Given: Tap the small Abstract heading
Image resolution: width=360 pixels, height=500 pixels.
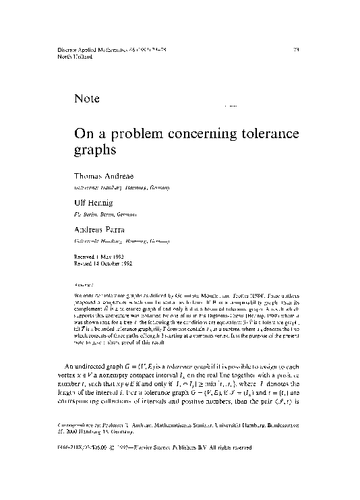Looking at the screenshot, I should click(x=83, y=286).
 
